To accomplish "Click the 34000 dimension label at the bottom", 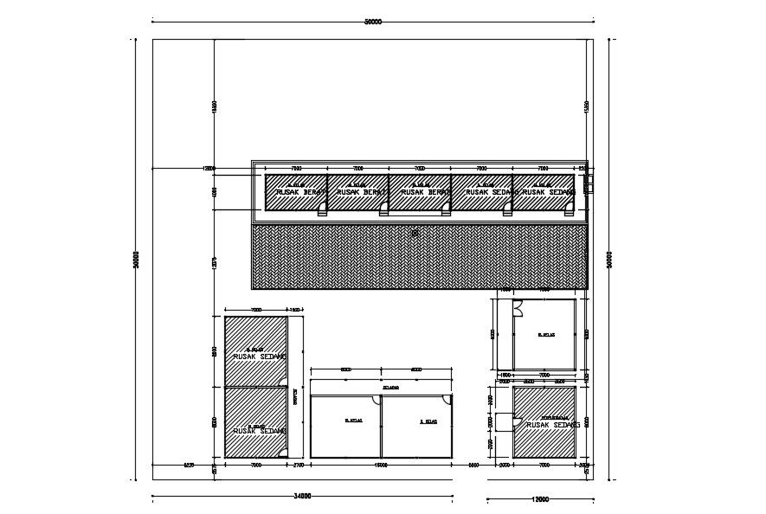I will [302, 497].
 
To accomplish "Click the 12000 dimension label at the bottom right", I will [540, 498].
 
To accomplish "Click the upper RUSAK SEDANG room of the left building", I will [256, 353].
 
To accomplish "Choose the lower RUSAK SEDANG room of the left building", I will [256, 423].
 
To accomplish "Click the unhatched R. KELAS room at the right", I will [545, 334].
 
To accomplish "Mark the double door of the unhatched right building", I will [518, 305].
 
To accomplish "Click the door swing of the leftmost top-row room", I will [322, 207].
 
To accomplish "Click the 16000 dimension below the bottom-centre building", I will [382, 466].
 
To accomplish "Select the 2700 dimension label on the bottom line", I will [299, 466].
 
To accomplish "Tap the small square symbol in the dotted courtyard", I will [415, 232].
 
